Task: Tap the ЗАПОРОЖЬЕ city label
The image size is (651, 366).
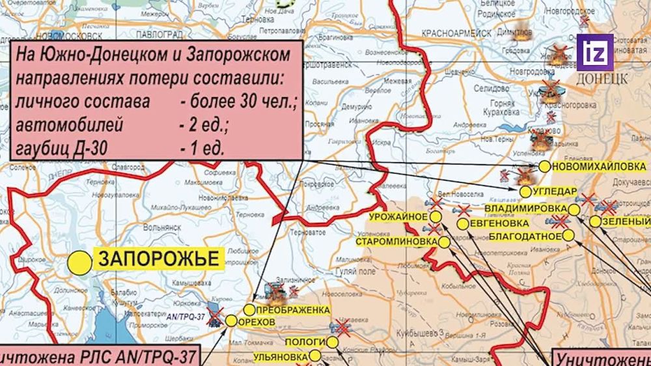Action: coord(158,258)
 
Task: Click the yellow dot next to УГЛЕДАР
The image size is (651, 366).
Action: coord(526,191)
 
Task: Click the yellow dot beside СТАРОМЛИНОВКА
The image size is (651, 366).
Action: coord(444,242)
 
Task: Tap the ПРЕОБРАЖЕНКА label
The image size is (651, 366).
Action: coord(292,309)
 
